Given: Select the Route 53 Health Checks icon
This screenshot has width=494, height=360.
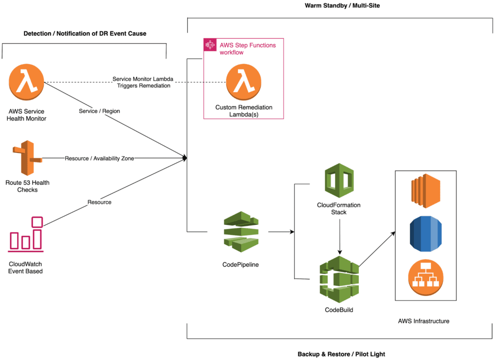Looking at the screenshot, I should [27, 158].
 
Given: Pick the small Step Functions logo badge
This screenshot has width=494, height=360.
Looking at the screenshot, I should [210, 45].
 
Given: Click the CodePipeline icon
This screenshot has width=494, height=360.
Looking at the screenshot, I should [241, 233].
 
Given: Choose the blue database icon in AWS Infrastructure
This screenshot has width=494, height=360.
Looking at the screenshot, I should [425, 234].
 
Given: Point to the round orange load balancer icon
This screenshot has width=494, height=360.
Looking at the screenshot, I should [425, 278].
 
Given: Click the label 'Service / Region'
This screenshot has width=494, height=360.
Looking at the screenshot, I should [99, 111].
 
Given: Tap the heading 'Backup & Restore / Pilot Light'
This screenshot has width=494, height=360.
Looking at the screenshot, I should [341, 354].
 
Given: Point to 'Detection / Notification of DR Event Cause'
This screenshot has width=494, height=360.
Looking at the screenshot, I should [85, 33].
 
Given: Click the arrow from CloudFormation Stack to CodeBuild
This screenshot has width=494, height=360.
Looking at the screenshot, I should [340, 236].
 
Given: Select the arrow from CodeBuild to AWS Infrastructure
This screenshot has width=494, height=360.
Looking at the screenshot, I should [377, 249].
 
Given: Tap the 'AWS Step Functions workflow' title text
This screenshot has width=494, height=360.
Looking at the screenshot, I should [247, 48].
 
